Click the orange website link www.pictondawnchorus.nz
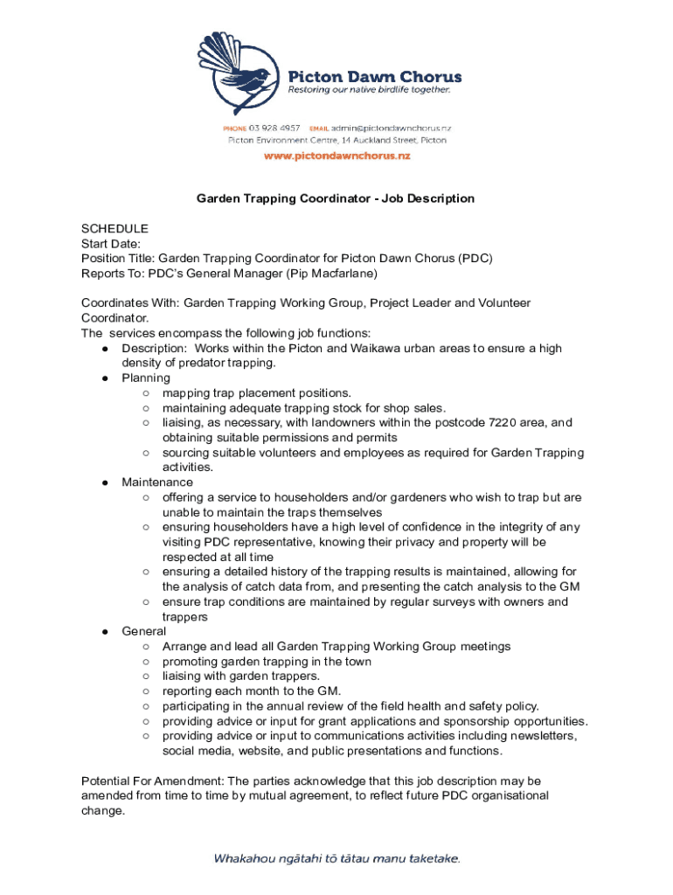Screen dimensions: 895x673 pos(336,156)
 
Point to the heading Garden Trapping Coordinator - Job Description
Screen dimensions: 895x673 pos(336,198)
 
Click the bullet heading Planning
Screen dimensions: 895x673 pos(146,378)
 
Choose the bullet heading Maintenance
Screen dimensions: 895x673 pos(157,482)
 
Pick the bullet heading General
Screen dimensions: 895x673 pos(143,631)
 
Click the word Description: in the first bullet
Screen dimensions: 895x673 pos(154,349)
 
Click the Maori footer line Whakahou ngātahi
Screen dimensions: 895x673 pos(336,858)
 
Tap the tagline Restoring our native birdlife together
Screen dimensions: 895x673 pos(370,90)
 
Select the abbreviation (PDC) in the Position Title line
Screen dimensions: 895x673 pos(475,259)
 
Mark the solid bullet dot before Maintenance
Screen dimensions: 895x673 pos(104,482)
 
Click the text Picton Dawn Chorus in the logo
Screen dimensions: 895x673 pos(376,75)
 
